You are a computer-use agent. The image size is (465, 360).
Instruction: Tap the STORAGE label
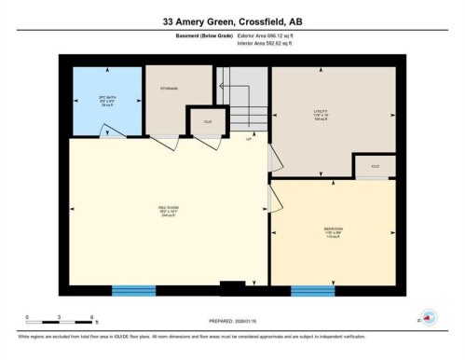(168, 89)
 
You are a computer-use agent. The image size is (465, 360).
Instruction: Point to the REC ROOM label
(168, 210)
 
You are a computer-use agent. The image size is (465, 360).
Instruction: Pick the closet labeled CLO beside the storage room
(208, 120)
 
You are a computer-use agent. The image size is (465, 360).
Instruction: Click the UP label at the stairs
(249, 140)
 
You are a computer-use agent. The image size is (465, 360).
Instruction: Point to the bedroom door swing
(277, 198)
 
